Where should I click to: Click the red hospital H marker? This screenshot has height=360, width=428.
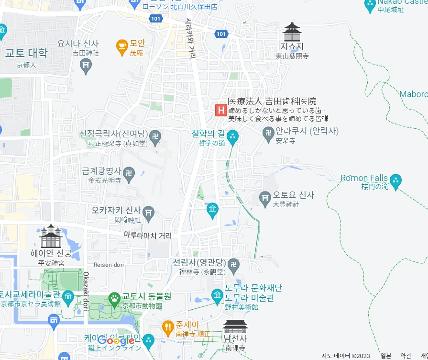(220, 110)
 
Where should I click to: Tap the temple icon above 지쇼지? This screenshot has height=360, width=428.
(292, 32)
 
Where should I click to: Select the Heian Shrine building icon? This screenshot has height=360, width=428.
(50, 236)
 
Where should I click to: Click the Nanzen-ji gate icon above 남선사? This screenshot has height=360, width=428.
(235, 326)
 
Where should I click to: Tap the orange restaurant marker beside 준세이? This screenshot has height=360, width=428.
(167, 327)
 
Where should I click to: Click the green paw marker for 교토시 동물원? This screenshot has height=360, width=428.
(114, 300)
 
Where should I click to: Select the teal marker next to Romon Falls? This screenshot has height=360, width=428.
(395, 181)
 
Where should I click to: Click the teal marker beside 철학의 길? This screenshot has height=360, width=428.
(233, 136)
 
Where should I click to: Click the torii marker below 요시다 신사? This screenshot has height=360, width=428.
(86, 66)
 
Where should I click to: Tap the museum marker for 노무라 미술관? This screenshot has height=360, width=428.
(218, 293)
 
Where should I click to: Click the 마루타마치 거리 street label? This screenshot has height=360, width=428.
(147, 235)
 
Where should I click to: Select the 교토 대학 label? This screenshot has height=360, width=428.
(26, 53)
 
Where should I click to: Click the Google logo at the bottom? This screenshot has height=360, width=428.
(117, 341)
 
